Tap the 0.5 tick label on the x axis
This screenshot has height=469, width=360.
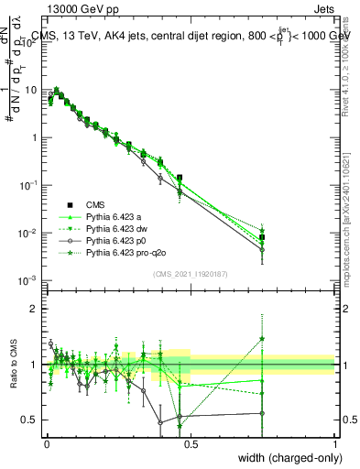(x=191, y=443)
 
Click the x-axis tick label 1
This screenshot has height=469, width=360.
(x=335, y=443)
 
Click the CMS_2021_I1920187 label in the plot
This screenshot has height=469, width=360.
(x=191, y=274)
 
